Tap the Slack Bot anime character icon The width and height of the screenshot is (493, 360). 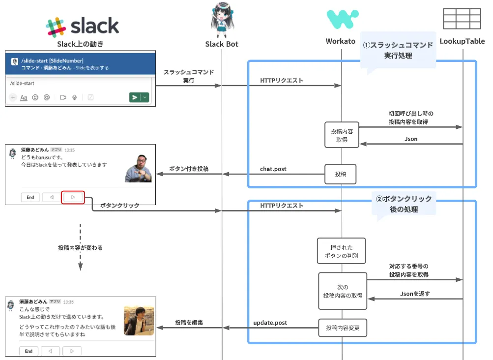(x=221, y=20)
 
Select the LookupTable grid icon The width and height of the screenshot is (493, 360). (x=462, y=19)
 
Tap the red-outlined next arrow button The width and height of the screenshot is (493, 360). (x=73, y=197)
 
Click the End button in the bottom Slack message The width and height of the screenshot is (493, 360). (x=29, y=351)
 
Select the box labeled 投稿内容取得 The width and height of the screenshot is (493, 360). (x=342, y=135)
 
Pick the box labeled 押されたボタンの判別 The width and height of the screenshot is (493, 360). (x=342, y=251)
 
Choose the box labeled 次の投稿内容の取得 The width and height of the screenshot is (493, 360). (x=343, y=291)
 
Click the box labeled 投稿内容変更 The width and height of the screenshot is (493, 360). (x=343, y=328)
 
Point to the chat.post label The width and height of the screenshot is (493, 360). (x=273, y=169)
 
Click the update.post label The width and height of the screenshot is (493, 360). (x=270, y=323)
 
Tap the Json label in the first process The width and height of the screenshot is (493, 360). (x=411, y=139)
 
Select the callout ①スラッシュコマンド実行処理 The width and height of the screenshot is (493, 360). (x=398, y=50)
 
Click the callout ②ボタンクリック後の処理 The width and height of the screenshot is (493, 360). (x=404, y=204)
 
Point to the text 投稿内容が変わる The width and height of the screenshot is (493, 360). (x=80, y=248)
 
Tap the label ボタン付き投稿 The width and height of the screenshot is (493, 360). (x=189, y=169)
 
